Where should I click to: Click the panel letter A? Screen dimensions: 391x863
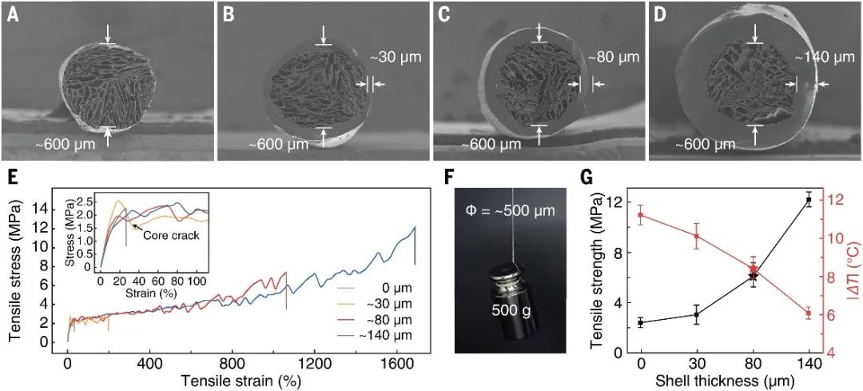13,14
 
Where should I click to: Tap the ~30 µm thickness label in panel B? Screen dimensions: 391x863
396,59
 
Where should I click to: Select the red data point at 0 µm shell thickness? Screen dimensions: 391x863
641,215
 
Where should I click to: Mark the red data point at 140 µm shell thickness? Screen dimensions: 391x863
809,313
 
